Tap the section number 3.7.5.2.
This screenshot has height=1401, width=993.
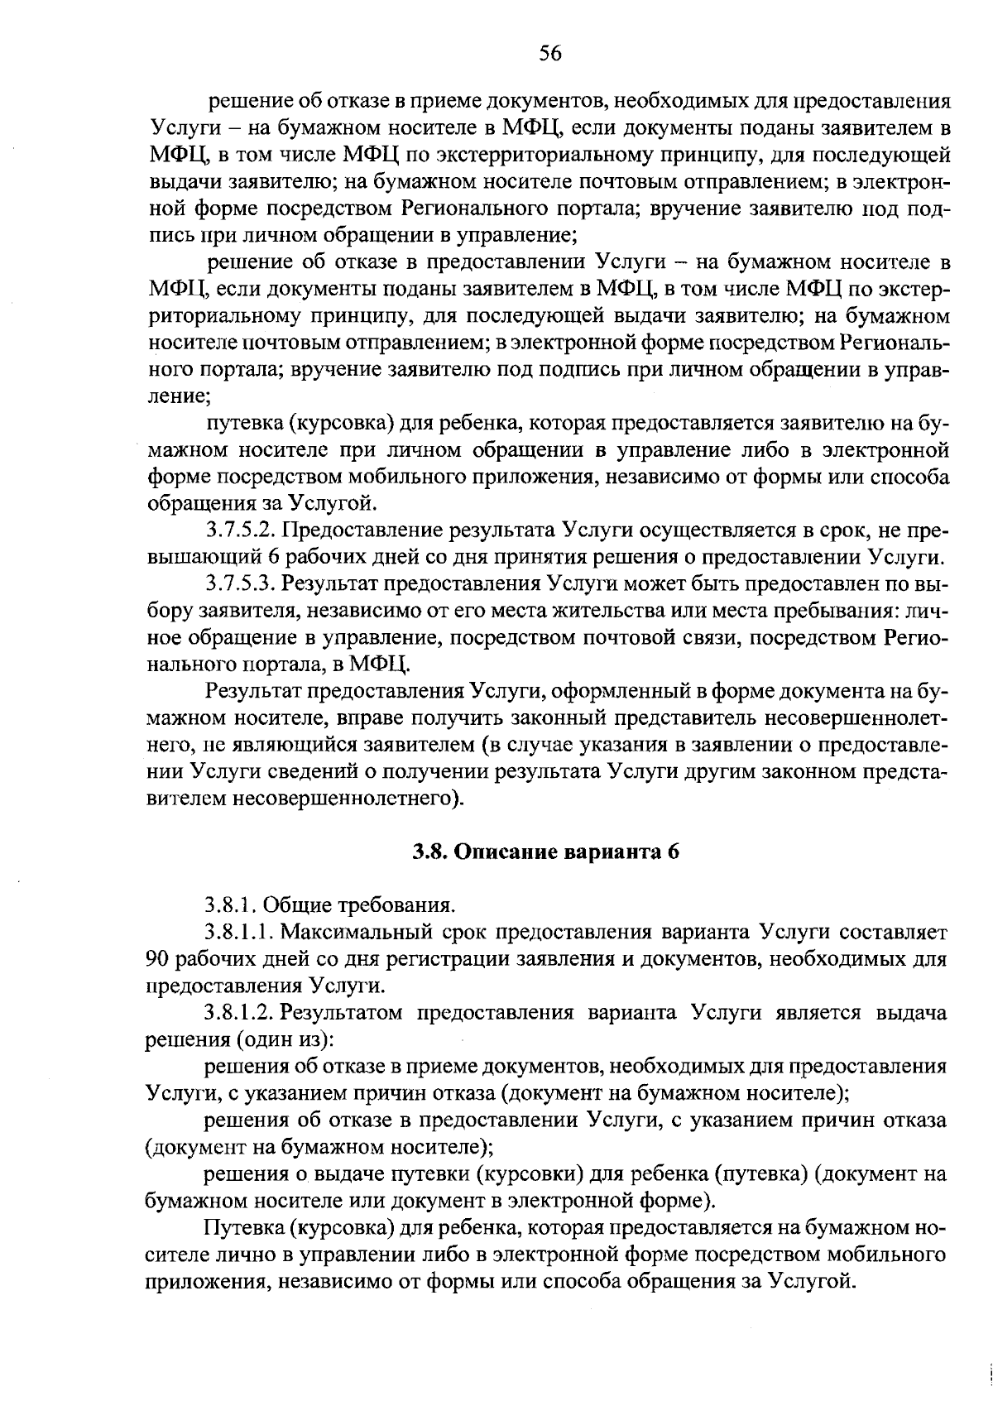tap(239, 530)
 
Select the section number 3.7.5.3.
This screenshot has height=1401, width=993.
tap(239, 583)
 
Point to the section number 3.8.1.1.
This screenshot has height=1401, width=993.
tap(239, 933)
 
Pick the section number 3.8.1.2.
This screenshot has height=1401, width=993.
tap(239, 1014)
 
